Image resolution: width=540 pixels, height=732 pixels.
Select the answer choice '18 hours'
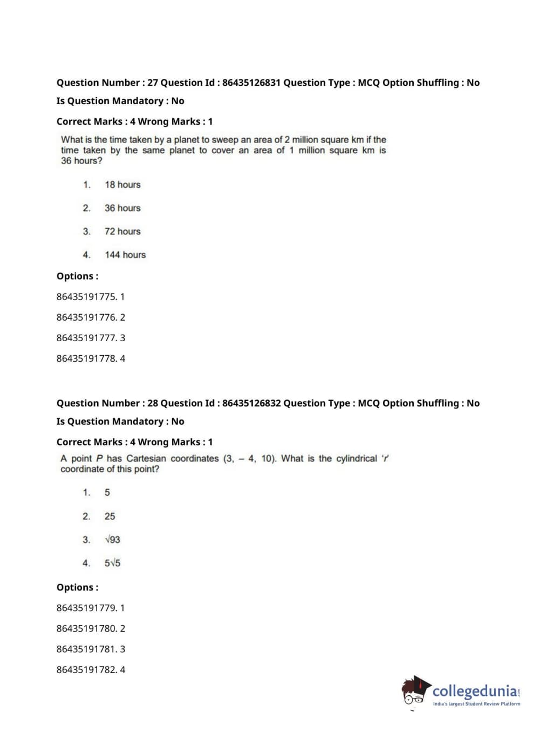click(122, 185)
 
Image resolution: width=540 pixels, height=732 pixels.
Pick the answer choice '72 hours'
click(122, 232)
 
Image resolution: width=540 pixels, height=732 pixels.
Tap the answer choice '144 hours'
click(125, 255)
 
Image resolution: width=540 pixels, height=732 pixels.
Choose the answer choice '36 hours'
click(122, 208)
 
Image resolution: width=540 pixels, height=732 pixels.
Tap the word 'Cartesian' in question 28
click(146, 458)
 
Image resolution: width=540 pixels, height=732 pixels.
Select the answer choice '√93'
click(112, 540)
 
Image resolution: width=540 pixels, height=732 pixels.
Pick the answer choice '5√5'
click(112, 563)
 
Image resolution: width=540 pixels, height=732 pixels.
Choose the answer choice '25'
click(110, 517)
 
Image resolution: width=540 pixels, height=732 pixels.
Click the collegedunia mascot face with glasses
click(414, 693)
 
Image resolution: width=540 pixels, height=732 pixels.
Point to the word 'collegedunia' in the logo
click(475, 691)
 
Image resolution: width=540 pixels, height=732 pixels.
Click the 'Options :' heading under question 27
click(77, 276)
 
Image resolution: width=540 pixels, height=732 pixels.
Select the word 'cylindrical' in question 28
click(357, 458)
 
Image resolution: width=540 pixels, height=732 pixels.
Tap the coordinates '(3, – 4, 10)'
click(250, 458)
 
